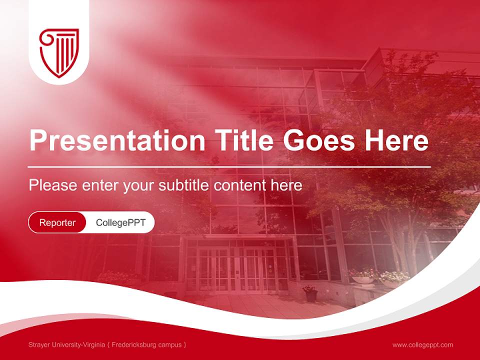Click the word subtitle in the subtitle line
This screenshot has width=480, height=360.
tap(184, 185)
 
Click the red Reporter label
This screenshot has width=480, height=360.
tap(57, 222)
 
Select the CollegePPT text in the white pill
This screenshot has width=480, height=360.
tap(120, 222)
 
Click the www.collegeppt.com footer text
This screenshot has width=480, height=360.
tap(422, 344)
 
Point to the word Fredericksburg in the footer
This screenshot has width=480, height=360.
tap(134, 344)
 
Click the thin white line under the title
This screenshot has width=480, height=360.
tap(229, 166)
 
